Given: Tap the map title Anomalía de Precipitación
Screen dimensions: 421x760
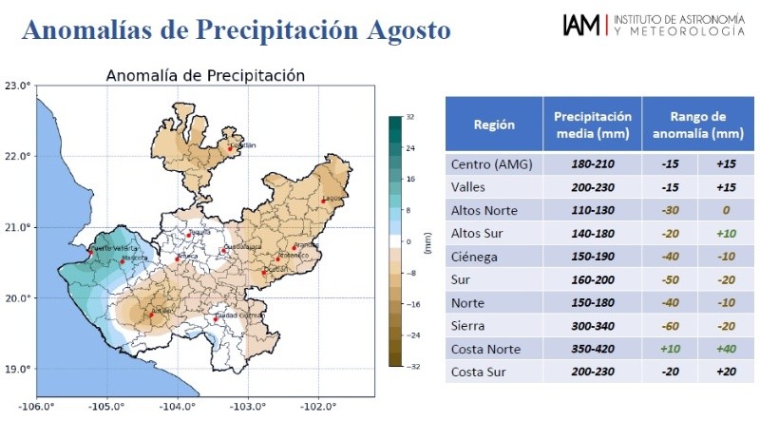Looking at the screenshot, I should (204, 75).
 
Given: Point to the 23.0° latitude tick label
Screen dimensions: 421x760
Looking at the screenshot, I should (17, 86).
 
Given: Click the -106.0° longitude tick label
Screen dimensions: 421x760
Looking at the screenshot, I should (36, 407).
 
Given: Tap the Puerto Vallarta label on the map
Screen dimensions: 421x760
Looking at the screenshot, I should (105, 247).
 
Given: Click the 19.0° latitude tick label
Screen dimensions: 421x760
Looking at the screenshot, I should (17, 369).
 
